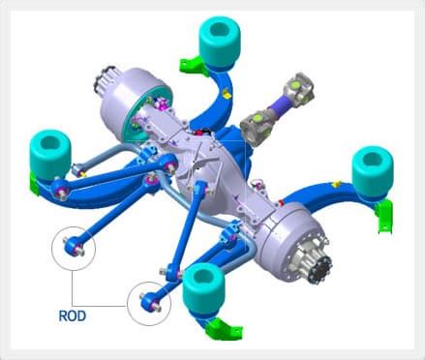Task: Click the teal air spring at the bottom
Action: pyautogui.click(x=204, y=286)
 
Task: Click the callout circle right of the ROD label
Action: pyautogui.click(x=150, y=301)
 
